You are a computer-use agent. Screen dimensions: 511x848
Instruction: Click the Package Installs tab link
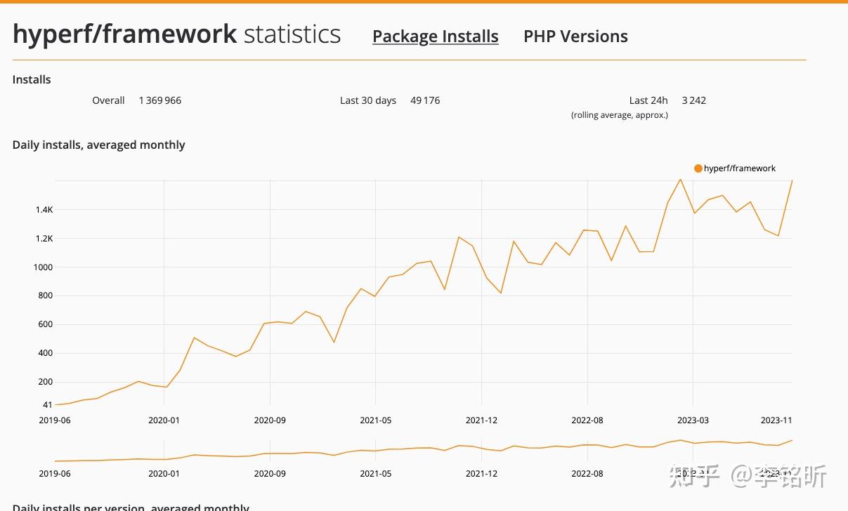(435, 36)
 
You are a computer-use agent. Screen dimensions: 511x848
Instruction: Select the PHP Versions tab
(575, 36)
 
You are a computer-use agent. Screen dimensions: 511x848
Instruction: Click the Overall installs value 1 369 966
(159, 100)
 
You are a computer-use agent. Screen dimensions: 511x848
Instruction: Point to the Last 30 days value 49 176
(425, 100)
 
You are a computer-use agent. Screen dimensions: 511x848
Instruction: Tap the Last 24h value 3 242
(693, 100)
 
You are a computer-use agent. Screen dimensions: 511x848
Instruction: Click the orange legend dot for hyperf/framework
(698, 168)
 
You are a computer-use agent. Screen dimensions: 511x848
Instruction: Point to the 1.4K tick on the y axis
(44, 210)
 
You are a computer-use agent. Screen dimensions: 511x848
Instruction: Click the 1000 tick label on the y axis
(43, 267)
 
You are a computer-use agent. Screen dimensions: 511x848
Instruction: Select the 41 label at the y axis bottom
(47, 405)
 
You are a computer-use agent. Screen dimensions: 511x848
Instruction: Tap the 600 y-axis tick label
(44, 324)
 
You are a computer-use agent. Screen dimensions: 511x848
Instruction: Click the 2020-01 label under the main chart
(164, 420)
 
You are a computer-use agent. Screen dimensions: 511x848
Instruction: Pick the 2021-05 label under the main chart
(376, 420)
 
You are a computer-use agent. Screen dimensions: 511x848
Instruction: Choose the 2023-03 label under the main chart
(693, 420)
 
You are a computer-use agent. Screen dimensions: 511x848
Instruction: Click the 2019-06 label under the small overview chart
(55, 474)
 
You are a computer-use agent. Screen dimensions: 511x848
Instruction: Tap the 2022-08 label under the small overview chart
(587, 474)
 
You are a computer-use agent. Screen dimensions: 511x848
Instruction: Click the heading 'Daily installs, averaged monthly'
(98, 145)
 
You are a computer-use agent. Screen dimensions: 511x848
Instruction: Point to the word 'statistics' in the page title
(292, 34)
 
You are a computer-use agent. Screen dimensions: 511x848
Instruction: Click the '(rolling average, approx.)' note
(619, 115)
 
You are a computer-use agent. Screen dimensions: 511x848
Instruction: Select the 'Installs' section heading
(32, 80)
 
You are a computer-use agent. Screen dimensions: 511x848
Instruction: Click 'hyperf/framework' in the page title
(124, 34)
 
